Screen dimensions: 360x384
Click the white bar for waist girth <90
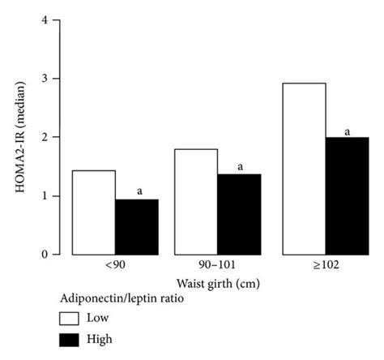click(x=94, y=212)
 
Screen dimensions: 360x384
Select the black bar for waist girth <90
click(x=136, y=227)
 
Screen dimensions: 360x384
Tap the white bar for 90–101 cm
click(x=196, y=202)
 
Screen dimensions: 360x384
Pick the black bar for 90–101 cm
click(x=239, y=214)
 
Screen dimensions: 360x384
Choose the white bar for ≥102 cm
click(x=305, y=169)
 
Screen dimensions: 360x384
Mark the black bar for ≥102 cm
click(x=348, y=196)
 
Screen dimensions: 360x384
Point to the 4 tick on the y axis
click(x=44, y=20)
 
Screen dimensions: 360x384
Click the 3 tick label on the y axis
click(x=44, y=79)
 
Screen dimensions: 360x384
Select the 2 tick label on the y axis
click(x=44, y=138)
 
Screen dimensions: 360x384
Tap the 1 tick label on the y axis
click(x=44, y=196)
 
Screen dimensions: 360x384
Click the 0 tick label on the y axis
click(x=44, y=255)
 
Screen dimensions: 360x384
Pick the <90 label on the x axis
click(x=114, y=267)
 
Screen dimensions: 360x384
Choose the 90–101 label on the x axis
click(x=217, y=267)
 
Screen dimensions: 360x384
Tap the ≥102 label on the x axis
click(x=326, y=267)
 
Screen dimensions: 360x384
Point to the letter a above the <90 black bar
click(x=139, y=191)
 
